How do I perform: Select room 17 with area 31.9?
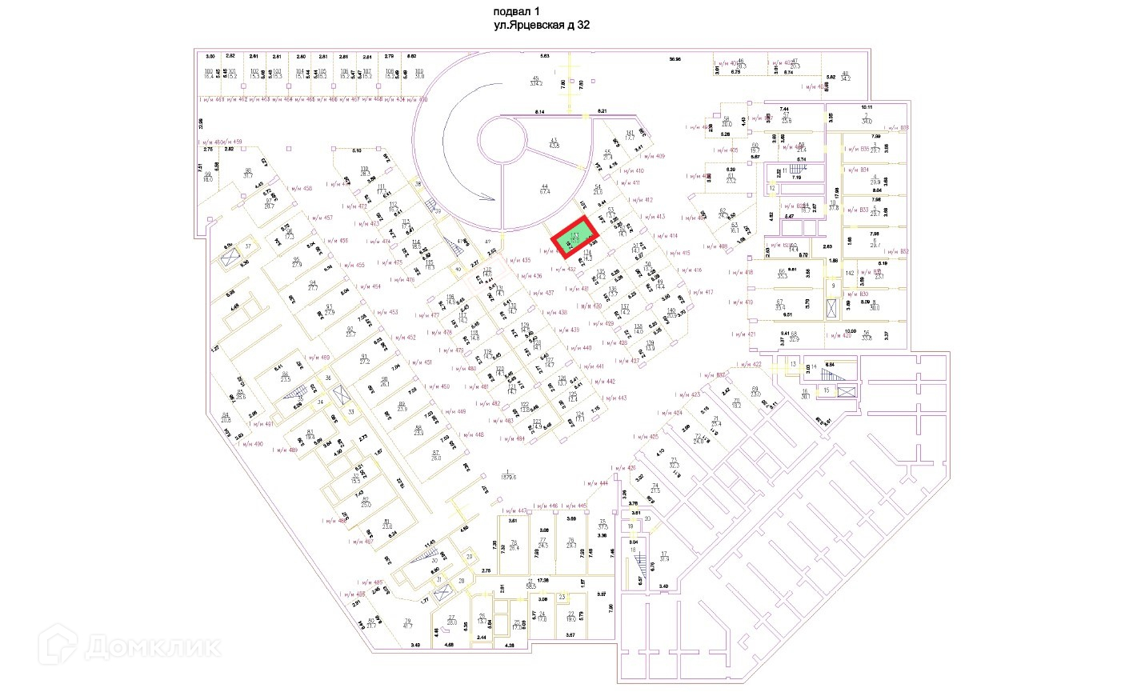(x=663, y=557)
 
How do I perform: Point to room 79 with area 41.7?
(x=407, y=622)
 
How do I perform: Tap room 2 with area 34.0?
(x=866, y=120)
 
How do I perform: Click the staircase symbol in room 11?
(x=795, y=170)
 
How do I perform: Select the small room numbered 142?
(x=850, y=274)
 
